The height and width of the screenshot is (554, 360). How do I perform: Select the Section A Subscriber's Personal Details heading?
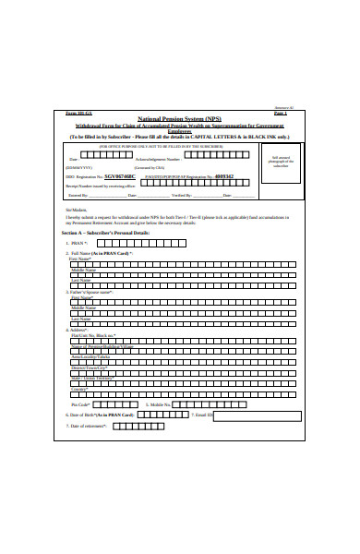[110, 234]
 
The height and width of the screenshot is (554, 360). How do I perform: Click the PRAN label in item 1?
[80, 244]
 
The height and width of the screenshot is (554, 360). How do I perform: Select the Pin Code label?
[81, 404]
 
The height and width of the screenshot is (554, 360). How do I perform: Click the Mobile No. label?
[159, 404]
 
